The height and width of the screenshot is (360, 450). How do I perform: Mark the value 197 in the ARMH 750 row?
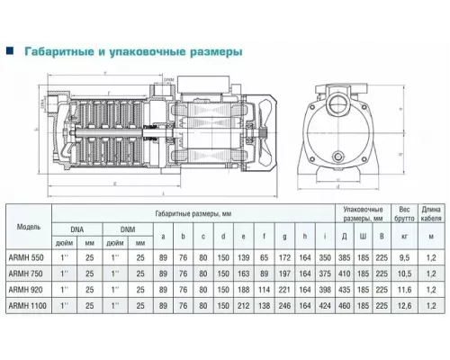point(283,274)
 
